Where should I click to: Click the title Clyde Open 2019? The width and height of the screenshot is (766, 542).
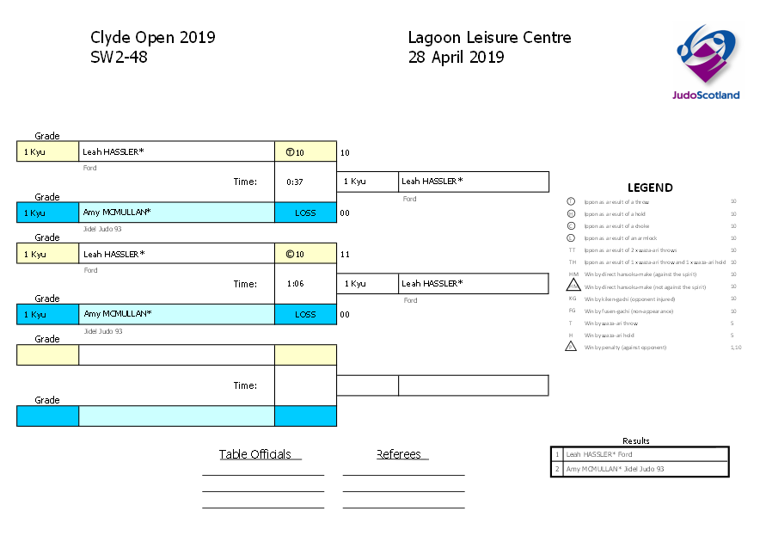(x=152, y=38)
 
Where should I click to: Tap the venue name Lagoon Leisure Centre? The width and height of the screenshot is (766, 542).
(x=489, y=38)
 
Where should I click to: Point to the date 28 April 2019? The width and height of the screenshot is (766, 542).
(x=456, y=58)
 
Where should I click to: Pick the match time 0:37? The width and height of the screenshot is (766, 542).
(x=295, y=182)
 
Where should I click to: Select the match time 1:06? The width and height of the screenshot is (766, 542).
(x=295, y=284)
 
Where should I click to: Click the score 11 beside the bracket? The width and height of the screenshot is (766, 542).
(x=345, y=255)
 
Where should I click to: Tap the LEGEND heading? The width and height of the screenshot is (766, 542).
(x=650, y=188)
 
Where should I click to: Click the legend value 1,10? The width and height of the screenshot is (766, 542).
(x=734, y=348)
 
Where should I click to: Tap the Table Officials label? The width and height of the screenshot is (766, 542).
(x=254, y=455)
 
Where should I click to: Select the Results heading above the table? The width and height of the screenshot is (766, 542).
(x=636, y=441)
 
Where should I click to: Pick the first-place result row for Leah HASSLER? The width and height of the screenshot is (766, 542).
(x=640, y=454)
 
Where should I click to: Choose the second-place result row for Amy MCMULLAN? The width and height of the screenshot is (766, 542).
(x=640, y=469)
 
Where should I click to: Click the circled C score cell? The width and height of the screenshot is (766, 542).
(x=304, y=255)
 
